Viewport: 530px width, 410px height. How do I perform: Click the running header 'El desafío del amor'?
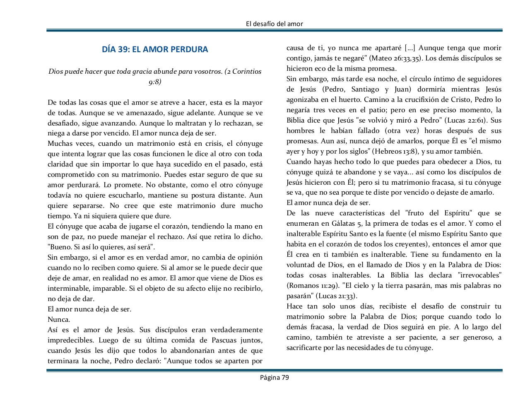tap(274, 24)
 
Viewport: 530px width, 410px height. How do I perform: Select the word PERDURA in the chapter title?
tap(190, 49)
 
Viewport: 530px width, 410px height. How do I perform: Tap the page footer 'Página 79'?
tap(274, 377)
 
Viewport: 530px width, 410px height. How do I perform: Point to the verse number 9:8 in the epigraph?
tap(155, 82)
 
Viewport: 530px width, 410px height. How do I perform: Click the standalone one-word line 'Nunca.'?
tap(59, 320)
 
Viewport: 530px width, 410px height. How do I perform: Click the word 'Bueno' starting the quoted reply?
tap(59, 247)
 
